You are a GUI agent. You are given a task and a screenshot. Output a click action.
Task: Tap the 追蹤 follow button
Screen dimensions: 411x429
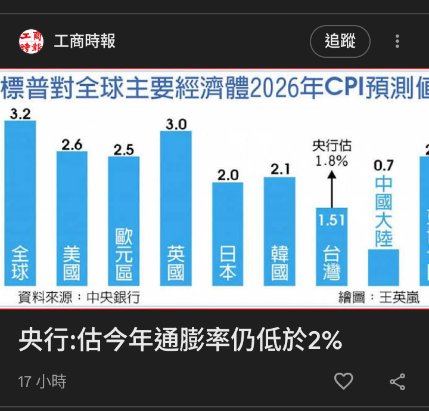click(x=340, y=41)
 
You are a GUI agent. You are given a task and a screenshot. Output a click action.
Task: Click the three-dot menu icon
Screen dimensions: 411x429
click(x=397, y=41)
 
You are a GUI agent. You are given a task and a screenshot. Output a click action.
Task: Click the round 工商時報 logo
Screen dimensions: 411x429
click(x=31, y=41)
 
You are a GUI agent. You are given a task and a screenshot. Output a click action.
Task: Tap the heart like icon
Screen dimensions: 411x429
click(x=343, y=381)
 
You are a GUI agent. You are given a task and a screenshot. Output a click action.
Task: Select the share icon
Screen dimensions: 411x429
click(x=397, y=381)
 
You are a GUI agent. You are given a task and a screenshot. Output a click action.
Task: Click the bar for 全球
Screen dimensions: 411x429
click(x=20, y=203)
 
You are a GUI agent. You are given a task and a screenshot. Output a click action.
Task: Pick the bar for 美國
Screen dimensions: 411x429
click(x=71, y=218)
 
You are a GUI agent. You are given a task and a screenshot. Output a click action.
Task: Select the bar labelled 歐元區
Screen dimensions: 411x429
click(x=123, y=221)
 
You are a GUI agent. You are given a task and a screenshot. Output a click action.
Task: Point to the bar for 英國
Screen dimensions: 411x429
click(x=176, y=208)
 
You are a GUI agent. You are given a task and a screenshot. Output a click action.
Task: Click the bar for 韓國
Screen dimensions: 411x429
click(x=279, y=231)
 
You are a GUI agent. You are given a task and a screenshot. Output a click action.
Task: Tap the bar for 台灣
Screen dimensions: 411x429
click(x=331, y=246)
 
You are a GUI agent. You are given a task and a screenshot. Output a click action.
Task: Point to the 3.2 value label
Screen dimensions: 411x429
click(x=20, y=113)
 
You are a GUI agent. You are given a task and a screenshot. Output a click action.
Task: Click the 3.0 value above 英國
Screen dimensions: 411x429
click(x=176, y=124)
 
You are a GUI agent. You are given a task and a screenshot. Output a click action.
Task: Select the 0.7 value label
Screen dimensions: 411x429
click(x=384, y=165)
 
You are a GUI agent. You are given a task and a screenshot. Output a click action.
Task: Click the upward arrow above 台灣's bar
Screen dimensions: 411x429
click(x=332, y=188)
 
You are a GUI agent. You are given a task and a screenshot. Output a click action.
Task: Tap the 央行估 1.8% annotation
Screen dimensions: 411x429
click(x=331, y=153)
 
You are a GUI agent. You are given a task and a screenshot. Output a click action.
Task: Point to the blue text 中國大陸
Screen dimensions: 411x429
click(x=384, y=211)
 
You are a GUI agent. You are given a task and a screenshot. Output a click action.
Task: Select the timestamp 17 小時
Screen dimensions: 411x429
click(x=42, y=381)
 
